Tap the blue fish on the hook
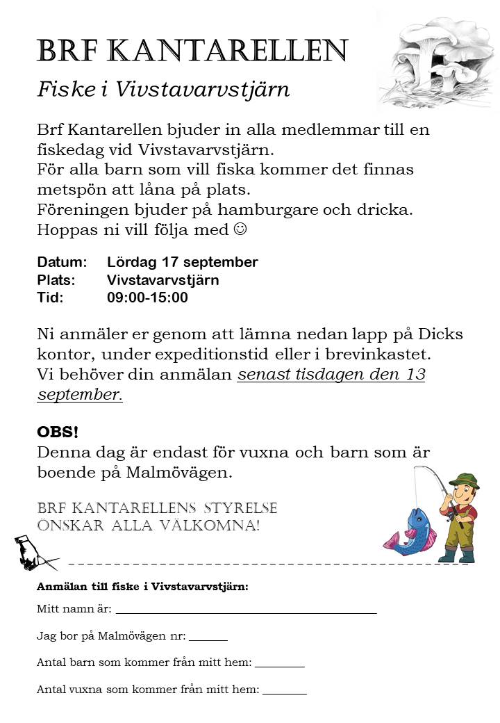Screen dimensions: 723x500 tap(415, 532)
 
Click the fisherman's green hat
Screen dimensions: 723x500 tap(464, 480)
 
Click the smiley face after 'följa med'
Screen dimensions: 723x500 tap(240, 229)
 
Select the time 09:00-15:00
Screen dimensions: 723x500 tap(147, 298)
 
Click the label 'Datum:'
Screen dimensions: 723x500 tap(62, 262)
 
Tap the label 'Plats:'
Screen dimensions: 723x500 tap(56, 280)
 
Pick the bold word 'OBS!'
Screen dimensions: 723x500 tap(58, 432)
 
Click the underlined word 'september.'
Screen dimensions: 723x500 tap(80, 394)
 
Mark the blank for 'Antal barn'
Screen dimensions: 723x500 tap(279, 666)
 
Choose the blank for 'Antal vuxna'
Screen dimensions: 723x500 tap(284, 692)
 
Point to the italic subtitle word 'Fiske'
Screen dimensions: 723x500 tap(65, 90)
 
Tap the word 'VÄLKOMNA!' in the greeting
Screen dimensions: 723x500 tap(211, 526)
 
